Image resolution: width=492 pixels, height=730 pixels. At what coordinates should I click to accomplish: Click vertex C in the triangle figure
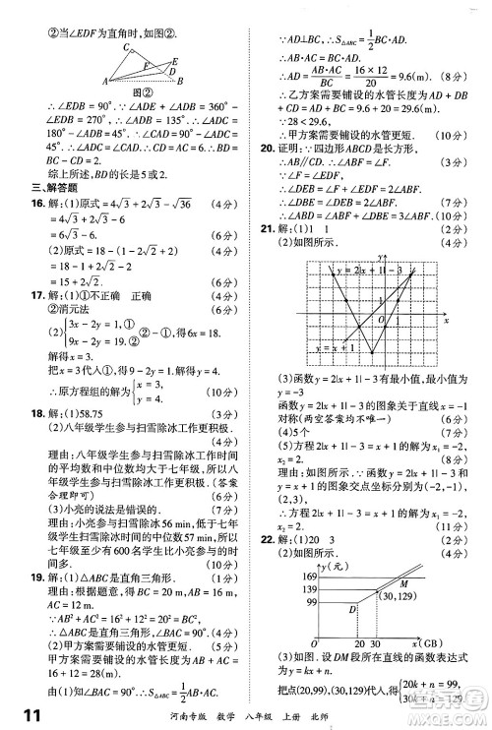(123, 47)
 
